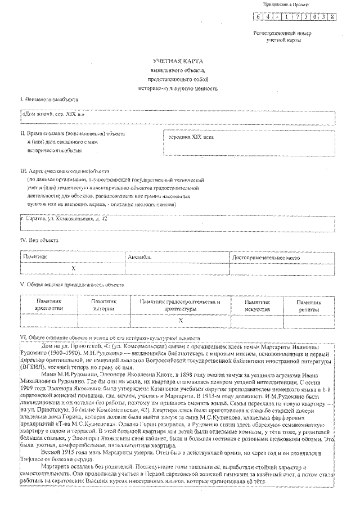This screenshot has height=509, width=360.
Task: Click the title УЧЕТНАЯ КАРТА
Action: pyautogui.click(x=179, y=60)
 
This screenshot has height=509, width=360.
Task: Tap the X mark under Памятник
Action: pyautogui.click(x=73, y=269)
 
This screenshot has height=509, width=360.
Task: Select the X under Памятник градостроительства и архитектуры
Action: pyautogui.click(x=180, y=320)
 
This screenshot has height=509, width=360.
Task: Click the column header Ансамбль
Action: pyautogui.click(x=141, y=257)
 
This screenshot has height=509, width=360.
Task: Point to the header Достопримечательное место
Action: pyautogui.click(x=262, y=257)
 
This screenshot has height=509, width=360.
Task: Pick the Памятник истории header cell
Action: pyautogui.click(x=103, y=305)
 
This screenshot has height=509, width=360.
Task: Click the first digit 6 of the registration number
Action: pyautogui.click(x=258, y=16)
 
